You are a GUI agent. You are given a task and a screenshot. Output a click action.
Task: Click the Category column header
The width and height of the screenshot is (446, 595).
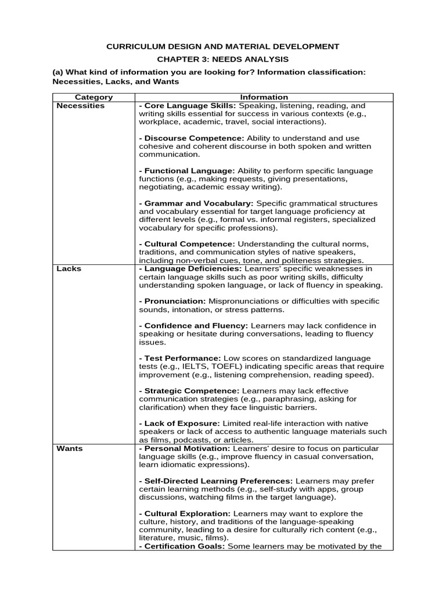pyautogui.click(x=94, y=97)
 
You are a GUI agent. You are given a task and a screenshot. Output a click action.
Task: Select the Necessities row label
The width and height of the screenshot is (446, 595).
pyautogui.click(x=80, y=106)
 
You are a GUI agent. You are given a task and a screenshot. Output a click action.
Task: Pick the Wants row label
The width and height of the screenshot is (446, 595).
pyautogui.click(x=69, y=449)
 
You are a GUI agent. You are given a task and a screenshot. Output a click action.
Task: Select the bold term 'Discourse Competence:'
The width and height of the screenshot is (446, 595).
pyautogui.click(x=192, y=138)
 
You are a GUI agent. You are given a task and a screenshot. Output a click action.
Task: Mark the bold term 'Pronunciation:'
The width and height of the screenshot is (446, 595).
pyautogui.click(x=172, y=301)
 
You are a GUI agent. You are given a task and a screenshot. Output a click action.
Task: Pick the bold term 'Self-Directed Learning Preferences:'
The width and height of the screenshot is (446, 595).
pyautogui.click(x=216, y=481)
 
